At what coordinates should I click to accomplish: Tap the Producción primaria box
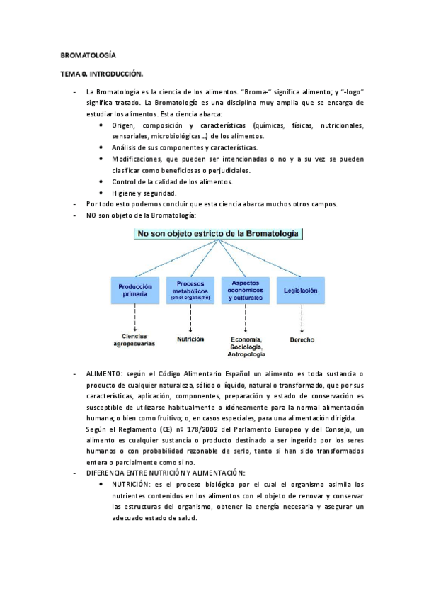[x=134, y=290]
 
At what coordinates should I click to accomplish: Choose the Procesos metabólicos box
[x=190, y=290]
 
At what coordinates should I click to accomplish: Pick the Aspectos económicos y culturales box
[x=246, y=290]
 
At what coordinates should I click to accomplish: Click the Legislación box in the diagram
[x=301, y=291]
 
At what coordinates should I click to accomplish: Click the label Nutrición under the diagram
[x=190, y=339]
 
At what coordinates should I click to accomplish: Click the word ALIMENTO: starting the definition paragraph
[x=104, y=373]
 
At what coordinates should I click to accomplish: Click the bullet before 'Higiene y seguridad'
[x=104, y=193]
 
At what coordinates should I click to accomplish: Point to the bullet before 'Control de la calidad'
[x=104, y=181]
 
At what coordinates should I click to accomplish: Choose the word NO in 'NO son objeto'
[x=91, y=215]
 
